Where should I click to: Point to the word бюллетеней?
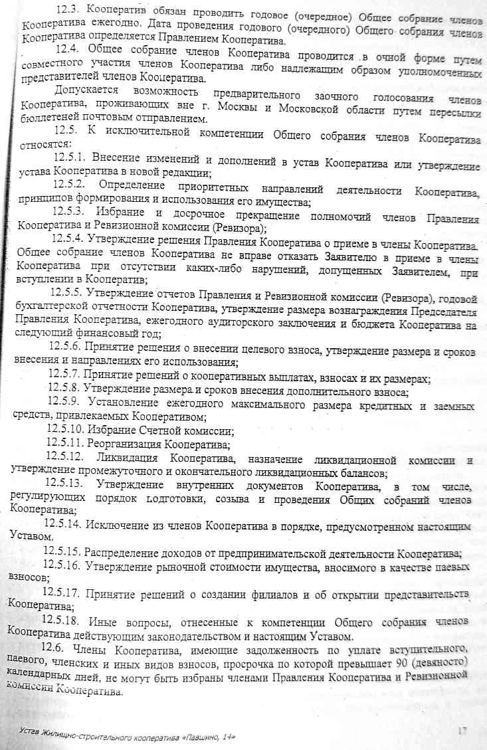[47, 120]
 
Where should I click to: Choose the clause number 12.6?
[55, 648]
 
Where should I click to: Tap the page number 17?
[464, 731]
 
